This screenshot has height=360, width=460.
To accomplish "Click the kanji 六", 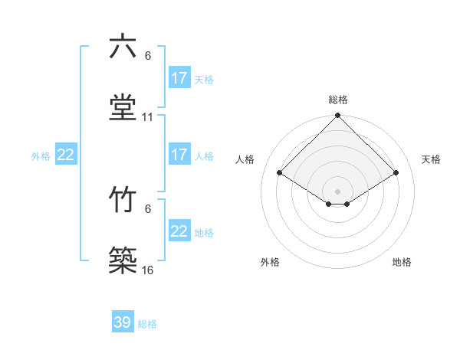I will coord(123,47).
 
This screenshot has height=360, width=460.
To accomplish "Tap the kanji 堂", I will coord(123,108).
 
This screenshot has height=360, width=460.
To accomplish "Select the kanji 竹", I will coord(123,200).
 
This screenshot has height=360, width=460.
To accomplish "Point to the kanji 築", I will coord(123,261).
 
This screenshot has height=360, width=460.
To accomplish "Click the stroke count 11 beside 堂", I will coord(148,117).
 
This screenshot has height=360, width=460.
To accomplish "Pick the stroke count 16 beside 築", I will coord(148,270).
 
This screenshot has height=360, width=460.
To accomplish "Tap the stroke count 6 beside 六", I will coord(148,56).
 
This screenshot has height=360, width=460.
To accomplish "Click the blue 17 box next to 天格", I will coord(179,78).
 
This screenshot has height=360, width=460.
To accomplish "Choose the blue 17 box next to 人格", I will coord(179,155).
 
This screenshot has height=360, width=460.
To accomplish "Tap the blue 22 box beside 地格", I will coord(179,231).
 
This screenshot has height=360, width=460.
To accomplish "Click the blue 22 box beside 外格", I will coord(66,155).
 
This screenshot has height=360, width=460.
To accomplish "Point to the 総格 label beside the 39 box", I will coord(147,324).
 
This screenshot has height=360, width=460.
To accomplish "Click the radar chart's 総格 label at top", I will coord(338,100).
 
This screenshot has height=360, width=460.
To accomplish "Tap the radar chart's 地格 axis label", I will coord(402,262).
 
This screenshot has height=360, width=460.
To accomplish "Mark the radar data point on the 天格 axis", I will coord(396,172).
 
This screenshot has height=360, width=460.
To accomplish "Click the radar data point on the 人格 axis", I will coord(280,172).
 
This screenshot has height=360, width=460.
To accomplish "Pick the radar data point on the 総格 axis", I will coord(338,116).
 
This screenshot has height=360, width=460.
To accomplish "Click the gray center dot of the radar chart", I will coord(338,191).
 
